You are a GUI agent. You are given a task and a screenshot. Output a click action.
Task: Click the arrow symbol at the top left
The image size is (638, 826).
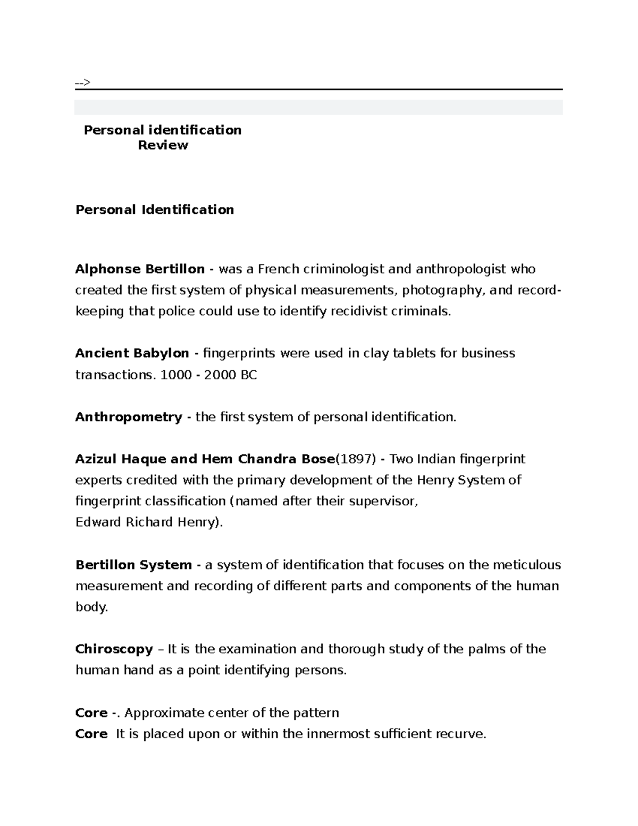(x=82, y=82)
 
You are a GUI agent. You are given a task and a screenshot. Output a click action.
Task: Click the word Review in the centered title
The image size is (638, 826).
(x=163, y=145)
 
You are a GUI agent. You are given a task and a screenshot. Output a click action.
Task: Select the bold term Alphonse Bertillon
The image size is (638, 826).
(x=140, y=269)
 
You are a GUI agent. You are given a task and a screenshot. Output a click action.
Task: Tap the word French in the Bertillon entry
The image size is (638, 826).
(x=279, y=269)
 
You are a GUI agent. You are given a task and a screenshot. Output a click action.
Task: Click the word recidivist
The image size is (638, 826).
(x=359, y=311)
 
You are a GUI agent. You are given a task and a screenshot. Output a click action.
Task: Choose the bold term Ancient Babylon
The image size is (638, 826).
(x=132, y=353)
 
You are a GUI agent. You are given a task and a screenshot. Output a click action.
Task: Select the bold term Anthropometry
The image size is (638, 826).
(x=129, y=417)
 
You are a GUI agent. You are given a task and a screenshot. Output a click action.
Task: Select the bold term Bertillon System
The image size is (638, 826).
(x=133, y=565)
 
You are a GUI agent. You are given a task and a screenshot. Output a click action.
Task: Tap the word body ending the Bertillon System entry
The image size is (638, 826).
(x=91, y=607)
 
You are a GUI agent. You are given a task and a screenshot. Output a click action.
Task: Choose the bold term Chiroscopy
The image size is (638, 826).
(x=114, y=649)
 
